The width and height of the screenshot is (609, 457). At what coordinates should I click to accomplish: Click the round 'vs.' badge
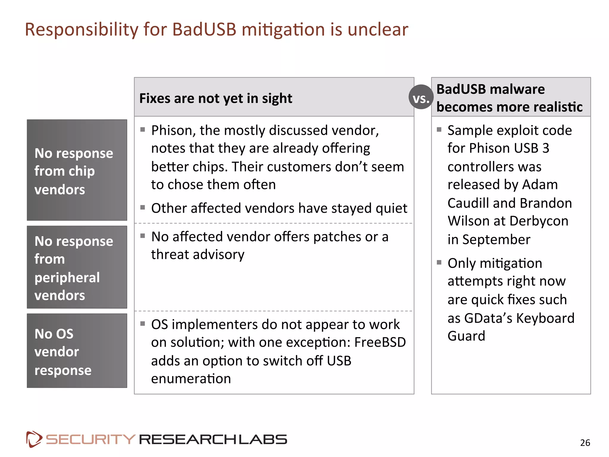421,97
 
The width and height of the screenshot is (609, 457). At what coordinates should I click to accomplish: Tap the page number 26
585,443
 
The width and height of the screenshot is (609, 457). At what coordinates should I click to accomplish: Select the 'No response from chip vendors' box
77,170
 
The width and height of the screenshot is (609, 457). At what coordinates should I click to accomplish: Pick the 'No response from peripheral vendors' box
77,267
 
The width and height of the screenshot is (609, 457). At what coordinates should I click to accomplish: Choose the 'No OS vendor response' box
77,351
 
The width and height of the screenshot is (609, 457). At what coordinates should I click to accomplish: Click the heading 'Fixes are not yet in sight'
216,98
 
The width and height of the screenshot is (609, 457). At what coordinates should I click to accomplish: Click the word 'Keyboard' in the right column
545,318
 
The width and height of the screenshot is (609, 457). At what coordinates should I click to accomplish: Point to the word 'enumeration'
191,379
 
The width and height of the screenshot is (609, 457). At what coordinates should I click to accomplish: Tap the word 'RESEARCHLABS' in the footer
213,439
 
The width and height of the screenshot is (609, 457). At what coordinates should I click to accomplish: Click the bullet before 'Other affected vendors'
143,207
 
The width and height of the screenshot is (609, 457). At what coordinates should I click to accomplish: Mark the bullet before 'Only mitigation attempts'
439,262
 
